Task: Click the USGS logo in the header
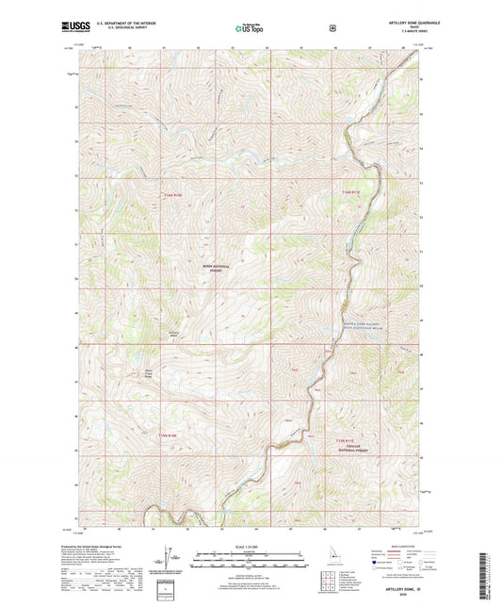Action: coord(76,29)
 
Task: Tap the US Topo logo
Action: coord(250,29)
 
